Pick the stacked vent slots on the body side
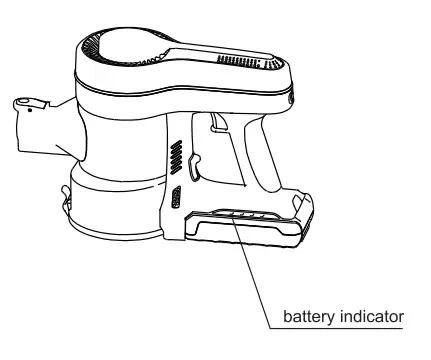click(176, 157)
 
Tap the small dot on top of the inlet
click(30, 111)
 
